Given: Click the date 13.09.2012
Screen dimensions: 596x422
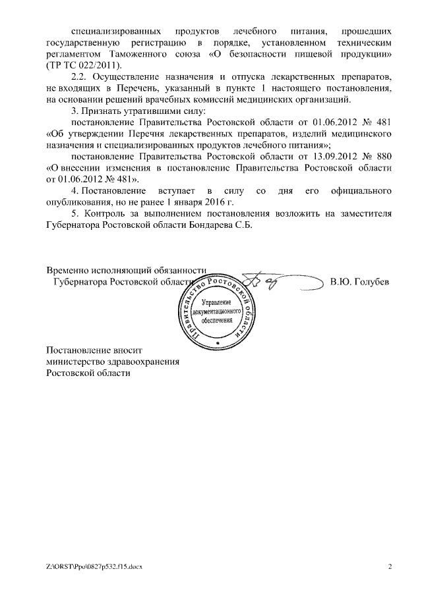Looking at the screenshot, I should coord(321,156).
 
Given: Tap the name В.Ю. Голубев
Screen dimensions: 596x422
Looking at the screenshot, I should coord(359,282).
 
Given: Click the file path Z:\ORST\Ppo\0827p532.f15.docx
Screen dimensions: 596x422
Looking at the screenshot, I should coord(95,566).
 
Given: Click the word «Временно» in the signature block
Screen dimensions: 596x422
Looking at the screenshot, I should coord(69,270).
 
